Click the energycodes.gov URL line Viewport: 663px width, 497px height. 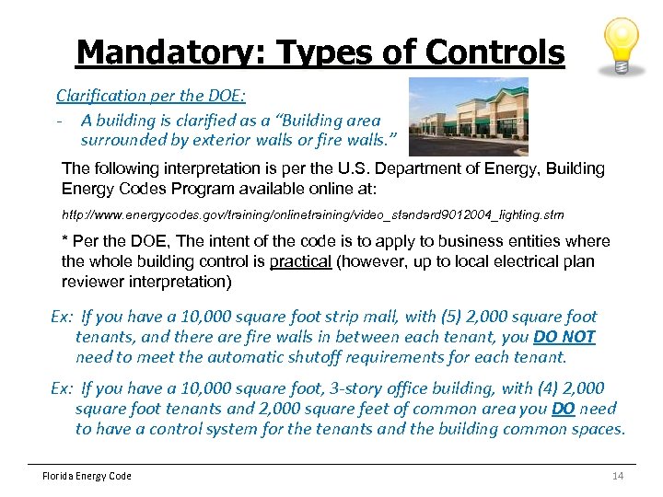[312, 214]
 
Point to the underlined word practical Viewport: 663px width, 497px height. [299, 261]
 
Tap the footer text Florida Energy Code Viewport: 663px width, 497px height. [87, 476]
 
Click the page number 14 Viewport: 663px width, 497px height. [618, 476]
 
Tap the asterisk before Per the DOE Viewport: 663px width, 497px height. [64, 241]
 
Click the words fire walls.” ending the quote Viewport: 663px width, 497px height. [355, 140]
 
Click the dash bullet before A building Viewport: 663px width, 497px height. [59, 119]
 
